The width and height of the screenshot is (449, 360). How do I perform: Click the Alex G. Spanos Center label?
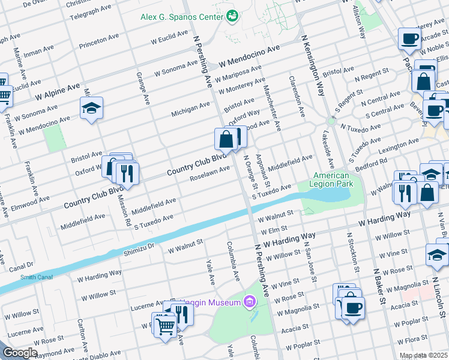tap(182, 16)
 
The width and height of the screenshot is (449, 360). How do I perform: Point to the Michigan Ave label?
tap(190, 109)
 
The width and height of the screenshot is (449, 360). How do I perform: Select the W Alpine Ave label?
tap(58, 91)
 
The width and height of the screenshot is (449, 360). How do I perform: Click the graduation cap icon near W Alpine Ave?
tap(91, 108)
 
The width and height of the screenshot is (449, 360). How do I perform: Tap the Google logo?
tap(20, 353)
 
